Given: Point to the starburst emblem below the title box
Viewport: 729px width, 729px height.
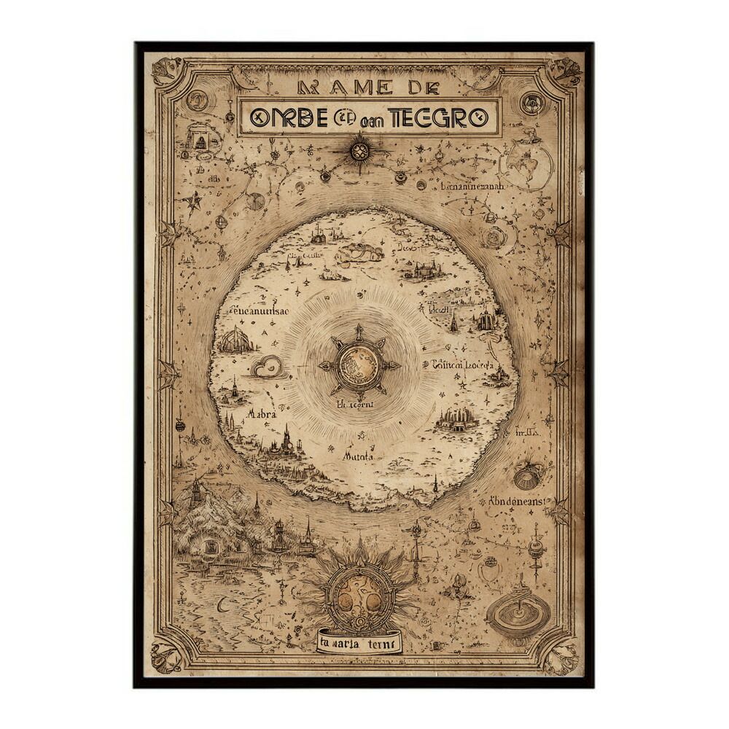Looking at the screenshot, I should click(359, 151).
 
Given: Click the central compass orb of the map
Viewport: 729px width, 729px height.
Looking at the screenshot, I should click(359, 365).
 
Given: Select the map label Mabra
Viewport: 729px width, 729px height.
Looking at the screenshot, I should click(261, 413).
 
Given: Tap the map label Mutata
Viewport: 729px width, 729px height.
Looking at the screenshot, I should click(358, 456).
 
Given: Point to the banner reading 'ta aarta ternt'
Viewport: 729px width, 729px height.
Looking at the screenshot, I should click(358, 643).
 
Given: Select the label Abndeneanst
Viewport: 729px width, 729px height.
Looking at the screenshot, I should click(518, 502).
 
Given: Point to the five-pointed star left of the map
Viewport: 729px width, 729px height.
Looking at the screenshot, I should click(194, 200).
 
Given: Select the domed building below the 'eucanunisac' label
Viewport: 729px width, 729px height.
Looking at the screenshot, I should click(236, 340).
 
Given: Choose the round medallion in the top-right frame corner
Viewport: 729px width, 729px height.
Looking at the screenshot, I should click(532, 103).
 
